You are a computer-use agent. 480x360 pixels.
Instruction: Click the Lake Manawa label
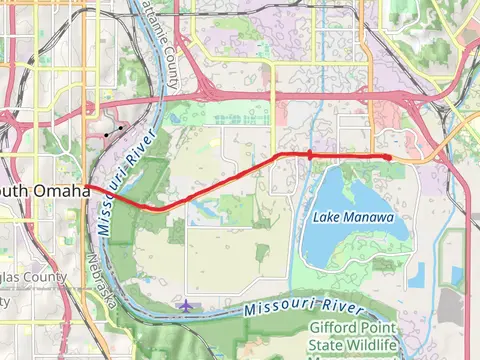pos(353,217)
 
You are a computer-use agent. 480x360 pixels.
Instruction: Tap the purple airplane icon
pos(188,304)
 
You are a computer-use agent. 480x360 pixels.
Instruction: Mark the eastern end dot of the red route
pos(387,157)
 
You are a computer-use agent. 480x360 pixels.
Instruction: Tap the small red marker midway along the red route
pos(310,155)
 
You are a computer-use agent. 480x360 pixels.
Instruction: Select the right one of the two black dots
pos(121,128)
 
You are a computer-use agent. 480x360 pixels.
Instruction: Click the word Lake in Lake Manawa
pos(326,217)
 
